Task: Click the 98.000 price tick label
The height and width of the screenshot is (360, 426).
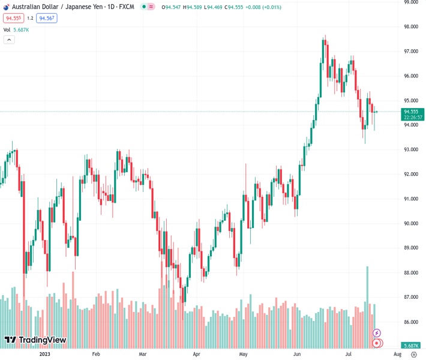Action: coord(411,27)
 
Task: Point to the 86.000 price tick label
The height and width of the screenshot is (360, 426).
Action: coord(411,322)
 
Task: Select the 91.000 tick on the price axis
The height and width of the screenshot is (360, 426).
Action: coord(411,199)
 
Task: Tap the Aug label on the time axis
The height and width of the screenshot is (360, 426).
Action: coord(397,355)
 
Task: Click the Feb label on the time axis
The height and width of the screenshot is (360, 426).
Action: coord(96,355)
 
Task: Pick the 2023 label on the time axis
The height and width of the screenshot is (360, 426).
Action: coord(44,355)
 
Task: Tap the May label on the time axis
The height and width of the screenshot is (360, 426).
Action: coord(243,355)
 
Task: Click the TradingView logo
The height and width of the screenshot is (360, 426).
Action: coord(35,340)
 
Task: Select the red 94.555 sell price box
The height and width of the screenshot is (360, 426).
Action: coord(13,19)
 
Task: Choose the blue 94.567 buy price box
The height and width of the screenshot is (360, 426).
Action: coord(46,19)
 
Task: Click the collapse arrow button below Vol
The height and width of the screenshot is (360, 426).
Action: coord(9,40)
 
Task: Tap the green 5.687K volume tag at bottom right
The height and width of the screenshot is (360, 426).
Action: coord(411,346)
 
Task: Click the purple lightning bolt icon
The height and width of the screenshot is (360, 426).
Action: coord(376,332)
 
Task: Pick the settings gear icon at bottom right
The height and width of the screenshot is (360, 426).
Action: coord(413,355)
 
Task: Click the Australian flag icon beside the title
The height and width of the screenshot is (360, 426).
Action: coord(6,7)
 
